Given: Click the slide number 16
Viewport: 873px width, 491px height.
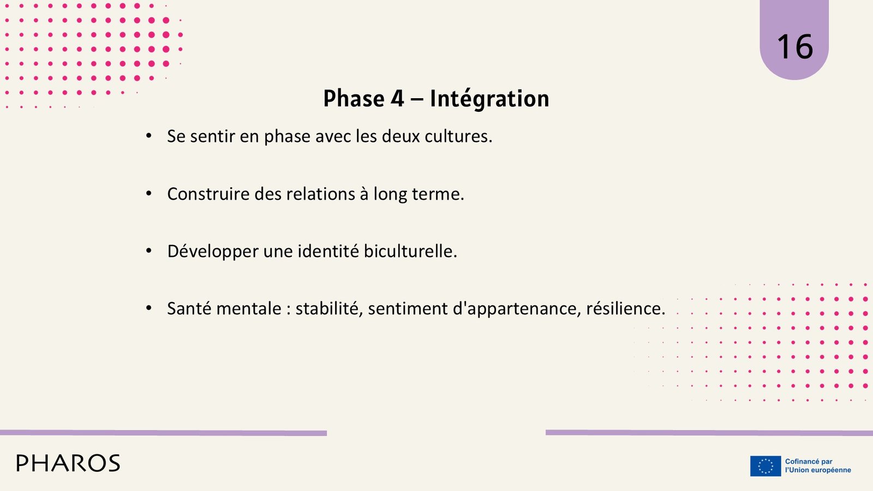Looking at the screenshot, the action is pos(795,47).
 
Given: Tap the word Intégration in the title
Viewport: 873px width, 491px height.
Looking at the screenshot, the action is pos(489,99).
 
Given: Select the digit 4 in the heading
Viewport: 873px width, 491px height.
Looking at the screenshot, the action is pos(397,98).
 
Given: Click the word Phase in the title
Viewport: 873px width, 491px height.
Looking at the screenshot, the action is pos(354,98).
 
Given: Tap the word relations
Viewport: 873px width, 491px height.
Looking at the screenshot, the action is pos(320,194).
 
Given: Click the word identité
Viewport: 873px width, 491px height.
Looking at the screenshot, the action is pos(328,251).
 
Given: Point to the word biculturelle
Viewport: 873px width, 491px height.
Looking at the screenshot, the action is pos(410,251).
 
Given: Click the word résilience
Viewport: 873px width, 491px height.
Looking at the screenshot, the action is pos(625,309).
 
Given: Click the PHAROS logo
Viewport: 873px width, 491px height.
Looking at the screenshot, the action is pos(68,463).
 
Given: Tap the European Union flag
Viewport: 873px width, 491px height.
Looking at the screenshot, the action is pos(766,466).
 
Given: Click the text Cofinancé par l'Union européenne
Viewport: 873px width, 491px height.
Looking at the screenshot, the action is pos(818,466).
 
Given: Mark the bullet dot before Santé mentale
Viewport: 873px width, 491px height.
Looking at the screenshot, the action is pos(148,308).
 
